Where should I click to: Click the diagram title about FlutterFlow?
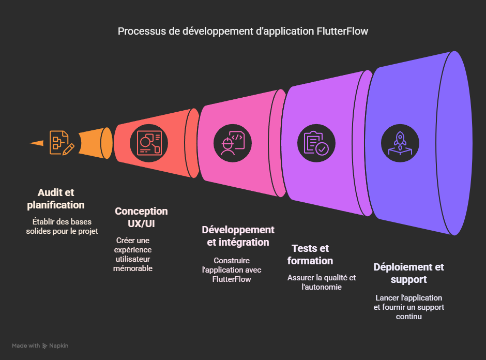pos(243,31)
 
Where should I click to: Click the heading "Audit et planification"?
pos(56,199)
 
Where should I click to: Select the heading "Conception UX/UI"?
pos(141,217)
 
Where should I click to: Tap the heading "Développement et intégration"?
pos(238,236)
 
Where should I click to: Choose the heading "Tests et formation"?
pos(310,254)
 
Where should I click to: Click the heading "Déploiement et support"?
pos(408,273)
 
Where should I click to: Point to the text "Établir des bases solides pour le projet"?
pos(62,226)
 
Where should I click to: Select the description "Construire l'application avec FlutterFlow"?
pos(231,269)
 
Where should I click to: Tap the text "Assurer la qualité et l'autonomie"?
pos(322,282)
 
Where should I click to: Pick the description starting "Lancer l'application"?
pos(409,307)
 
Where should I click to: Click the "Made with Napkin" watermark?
pos(40,346)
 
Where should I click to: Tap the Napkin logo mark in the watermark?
pos(45,346)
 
